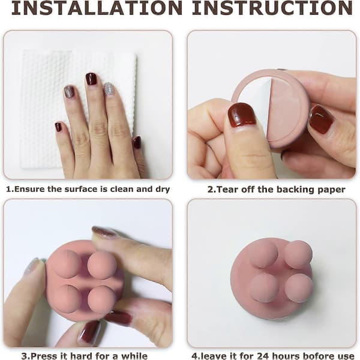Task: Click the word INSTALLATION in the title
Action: [x=97, y=8]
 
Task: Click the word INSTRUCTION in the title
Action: [x=272, y=8]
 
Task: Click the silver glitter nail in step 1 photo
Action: [x=109, y=89]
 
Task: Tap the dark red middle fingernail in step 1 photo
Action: [x=91, y=79]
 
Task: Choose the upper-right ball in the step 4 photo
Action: [x=298, y=254]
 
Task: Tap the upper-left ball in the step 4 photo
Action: [x=263, y=254]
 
